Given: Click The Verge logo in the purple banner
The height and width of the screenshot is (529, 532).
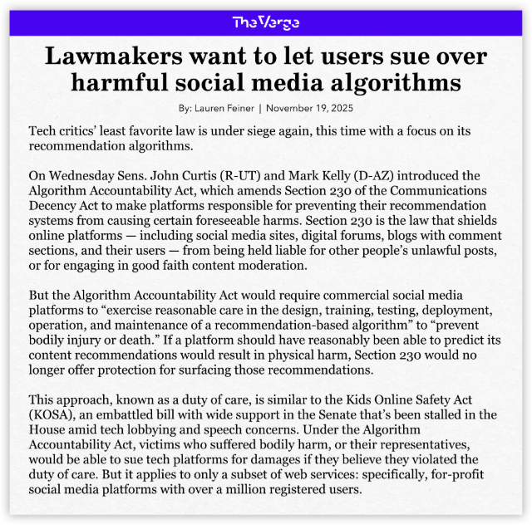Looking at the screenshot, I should pos(265,22).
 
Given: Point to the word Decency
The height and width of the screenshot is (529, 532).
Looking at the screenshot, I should pos(59,205).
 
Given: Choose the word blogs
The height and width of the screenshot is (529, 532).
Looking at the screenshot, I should pos(365,235).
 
